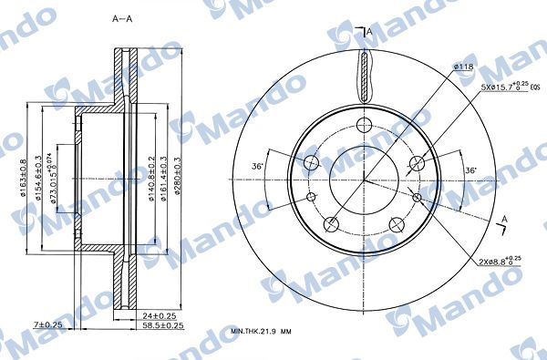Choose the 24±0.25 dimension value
pyautogui.click(x=160, y=314)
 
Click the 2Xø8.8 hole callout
pyautogui.click(x=496, y=261)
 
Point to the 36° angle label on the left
pyautogui.click(x=258, y=166)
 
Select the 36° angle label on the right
pyautogui.click(x=470, y=170)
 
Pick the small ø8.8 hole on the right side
pyautogui.click(x=420, y=197)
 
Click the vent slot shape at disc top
pyautogui.click(x=366, y=75)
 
